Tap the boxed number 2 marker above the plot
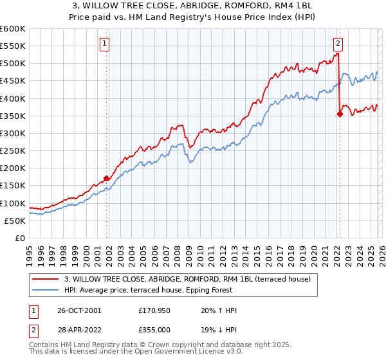(x=338, y=44)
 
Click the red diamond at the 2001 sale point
(x=107, y=179)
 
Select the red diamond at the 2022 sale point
(x=340, y=114)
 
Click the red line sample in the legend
(x=46, y=279)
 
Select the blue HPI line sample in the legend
(x=46, y=290)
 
